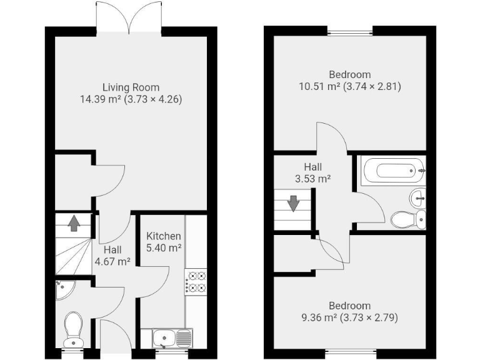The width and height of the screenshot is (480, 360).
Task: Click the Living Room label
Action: (x=131, y=87)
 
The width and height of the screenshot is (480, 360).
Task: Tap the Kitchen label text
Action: (x=164, y=236)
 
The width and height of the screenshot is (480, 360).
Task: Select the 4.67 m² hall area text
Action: (x=112, y=262)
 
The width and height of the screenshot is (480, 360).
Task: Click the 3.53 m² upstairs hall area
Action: (x=312, y=178)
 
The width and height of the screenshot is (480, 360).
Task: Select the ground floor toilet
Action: (x=74, y=329)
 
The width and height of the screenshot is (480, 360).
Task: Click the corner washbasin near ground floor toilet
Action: (x=64, y=289)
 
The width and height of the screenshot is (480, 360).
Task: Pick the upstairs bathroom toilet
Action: (x=408, y=219)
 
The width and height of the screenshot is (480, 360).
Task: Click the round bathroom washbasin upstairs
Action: (x=419, y=198)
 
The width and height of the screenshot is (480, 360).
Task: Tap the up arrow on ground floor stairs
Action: (x=74, y=222)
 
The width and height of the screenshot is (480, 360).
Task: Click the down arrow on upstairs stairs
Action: (x=292, y=204)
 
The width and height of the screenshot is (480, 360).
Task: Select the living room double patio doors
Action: (x=129, y=17)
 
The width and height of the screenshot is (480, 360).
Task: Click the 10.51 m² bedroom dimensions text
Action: (x=349, y=86)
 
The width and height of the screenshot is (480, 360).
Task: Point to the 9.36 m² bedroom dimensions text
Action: (x=349, y=317)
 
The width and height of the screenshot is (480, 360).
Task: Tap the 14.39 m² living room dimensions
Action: (x=131, y=99)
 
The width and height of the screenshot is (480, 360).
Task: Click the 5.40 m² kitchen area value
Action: (x=164, y=247)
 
